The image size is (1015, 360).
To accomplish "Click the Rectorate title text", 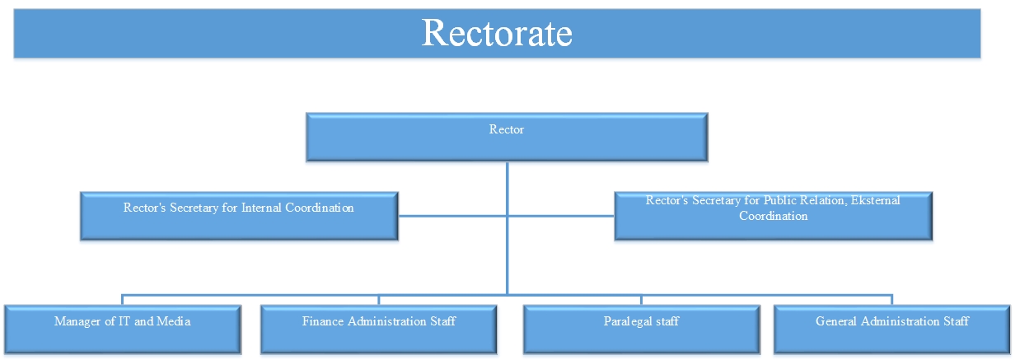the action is tap(497, 33).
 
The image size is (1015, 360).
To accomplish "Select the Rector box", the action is tap(507, 138).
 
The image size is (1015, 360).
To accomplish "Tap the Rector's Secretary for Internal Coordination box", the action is tap(239, 216).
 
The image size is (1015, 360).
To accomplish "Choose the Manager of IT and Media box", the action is tap(123, 330).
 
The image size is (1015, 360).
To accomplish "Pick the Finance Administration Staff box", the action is tap(379, 330).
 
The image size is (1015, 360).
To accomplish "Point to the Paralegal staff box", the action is tap(642, 330).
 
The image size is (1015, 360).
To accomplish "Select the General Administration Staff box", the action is tap(892, 330).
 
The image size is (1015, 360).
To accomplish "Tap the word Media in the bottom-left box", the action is tap(174, 321).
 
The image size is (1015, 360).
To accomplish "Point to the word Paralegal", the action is tap(628, 322).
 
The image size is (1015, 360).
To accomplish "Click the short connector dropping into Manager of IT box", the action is tap(122, 300).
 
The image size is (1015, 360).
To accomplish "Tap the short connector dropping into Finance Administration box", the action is tap(379, 300).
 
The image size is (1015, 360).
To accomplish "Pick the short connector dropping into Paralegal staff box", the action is tap(641, 300).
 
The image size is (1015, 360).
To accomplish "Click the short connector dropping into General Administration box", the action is tap(891, 300).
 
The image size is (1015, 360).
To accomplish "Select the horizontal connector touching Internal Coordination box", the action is tap(452, 216).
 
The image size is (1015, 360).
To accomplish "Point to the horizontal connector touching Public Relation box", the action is tap(561, 216).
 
